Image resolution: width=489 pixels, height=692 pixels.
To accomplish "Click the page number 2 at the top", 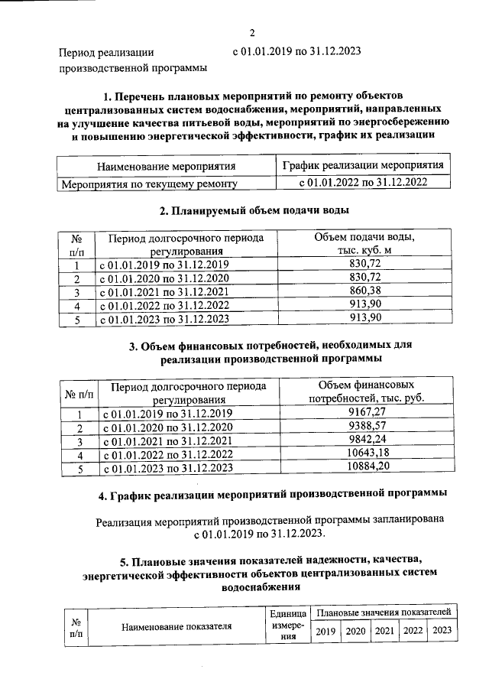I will tap(252, 32).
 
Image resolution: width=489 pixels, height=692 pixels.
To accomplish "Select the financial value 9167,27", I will tap(367, 413).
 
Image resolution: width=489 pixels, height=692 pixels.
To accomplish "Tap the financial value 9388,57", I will tap(367, 427).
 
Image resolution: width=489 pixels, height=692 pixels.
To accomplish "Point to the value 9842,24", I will tap(367, 440).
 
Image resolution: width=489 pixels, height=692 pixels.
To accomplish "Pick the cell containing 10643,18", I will tap(367, 454).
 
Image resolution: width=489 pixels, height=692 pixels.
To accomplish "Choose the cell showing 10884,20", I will tap(367, 468).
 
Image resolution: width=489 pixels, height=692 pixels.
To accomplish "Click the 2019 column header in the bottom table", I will tap(326, 631).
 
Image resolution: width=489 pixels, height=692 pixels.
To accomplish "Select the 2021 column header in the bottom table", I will tap(384, 631).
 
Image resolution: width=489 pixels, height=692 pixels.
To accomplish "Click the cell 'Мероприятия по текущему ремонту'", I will tap(148, 183).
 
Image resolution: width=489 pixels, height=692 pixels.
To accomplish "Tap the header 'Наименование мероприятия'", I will tap(165, 166).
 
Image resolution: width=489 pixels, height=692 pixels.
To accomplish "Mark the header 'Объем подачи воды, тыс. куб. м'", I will tap(364, 243).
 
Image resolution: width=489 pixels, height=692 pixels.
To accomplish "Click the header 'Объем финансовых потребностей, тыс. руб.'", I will tap(367, 391).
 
